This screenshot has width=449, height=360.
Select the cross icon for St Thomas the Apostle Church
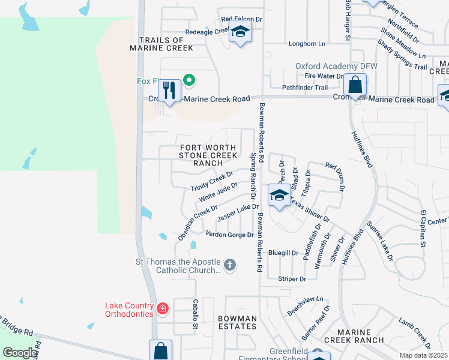[x=229, y=265]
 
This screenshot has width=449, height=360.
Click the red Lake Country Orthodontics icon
[x=162, y=309]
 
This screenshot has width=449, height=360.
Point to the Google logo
[x=19, y=353]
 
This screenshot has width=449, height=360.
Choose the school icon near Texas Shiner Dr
[x=279, y=196]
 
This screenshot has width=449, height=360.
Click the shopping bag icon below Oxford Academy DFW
[x=355, y=85]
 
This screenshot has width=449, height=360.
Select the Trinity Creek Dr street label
[x=212, y=181]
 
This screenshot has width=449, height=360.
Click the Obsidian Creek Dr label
[x=197, y=223]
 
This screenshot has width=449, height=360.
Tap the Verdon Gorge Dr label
[x=229, y=235]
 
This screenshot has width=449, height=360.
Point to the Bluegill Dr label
[x=283, y=253]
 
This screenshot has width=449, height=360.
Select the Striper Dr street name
[x=292, y=279]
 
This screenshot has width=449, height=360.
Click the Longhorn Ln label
[x=306, y=44]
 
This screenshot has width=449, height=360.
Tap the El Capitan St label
[x=423, y=229]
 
